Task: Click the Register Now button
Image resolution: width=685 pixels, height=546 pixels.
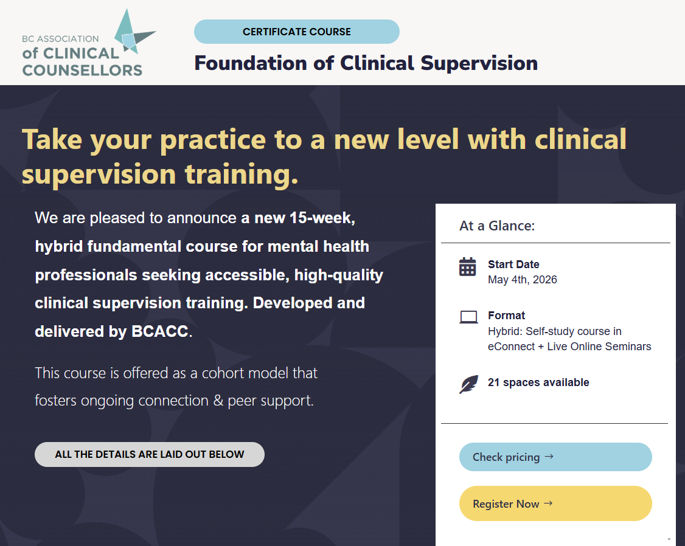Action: pos(555,503)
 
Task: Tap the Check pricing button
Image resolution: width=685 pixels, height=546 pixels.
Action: pos(555,457)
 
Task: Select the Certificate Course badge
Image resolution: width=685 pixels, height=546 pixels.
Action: pos(297,32)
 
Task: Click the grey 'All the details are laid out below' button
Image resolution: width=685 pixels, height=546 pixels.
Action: pos(150,454)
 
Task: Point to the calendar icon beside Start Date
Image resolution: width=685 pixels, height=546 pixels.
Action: pos(467,267)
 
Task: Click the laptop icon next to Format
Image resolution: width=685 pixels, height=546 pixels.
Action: pos(468,317)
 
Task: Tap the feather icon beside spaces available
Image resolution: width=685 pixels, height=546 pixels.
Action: pos(468,384)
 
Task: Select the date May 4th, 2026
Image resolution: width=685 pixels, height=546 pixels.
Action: pos(523,280)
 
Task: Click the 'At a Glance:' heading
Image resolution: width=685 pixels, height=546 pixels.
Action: pos(496,226)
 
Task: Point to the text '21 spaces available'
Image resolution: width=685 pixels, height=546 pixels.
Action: pos(538,382)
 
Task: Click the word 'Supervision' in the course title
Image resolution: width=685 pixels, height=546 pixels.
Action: pos(479,63)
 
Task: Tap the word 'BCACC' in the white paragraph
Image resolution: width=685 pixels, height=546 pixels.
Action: pos(159,331)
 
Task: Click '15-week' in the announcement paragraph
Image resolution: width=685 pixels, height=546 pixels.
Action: pos(321,218)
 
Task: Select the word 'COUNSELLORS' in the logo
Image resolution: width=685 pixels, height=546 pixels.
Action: pos(83,71)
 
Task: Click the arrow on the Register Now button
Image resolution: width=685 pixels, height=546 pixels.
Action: pos(548,503)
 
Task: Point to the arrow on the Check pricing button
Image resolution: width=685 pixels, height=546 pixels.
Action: pos(549,457)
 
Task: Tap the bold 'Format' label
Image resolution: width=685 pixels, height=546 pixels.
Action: pos(506,316)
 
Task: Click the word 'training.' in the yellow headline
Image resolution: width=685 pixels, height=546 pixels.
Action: pos(242,174)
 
